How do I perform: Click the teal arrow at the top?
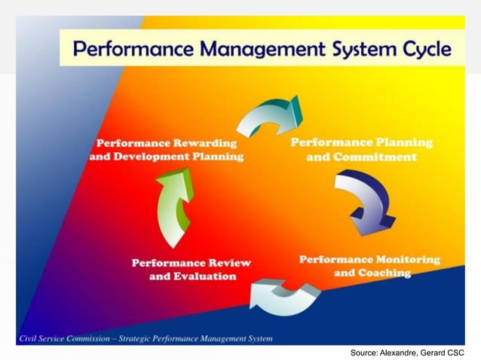(268, 116)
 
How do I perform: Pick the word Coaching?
(383, 273)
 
